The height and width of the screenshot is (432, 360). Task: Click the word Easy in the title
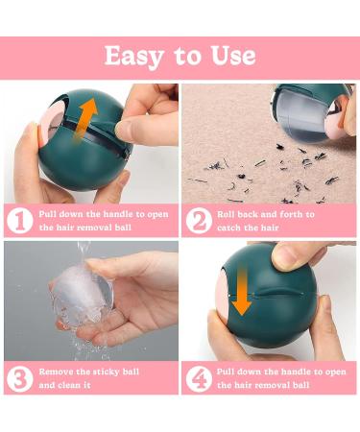133,57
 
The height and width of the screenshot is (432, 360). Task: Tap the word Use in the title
233,56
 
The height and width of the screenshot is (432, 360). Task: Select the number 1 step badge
20,221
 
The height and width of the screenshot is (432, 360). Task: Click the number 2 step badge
199,221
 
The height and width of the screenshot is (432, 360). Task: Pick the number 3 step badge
20,378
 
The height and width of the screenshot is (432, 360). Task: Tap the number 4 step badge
199,378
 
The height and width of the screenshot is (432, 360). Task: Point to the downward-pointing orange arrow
242,292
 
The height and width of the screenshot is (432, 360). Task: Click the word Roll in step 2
226,214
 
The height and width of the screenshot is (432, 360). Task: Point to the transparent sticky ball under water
82,296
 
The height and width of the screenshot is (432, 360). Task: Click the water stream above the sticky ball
84,252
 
